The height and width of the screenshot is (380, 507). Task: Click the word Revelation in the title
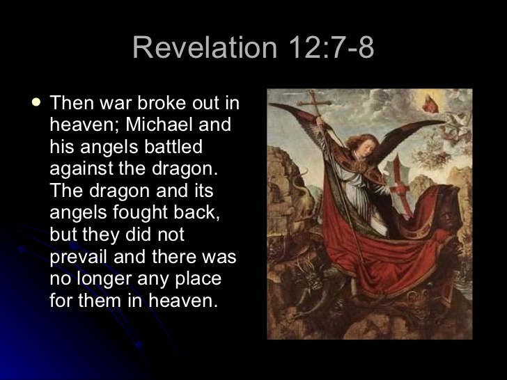[x=205, y=47]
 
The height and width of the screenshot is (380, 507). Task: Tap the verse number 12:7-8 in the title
[x=331, y=47]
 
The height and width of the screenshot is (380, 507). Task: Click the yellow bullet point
[x=36, y=102]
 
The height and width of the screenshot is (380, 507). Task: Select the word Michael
[x=160, y=124]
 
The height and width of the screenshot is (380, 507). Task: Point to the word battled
[x=173, y=146]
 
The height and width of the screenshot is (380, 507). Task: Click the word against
[x=81, y=168]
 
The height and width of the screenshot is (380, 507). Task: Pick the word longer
[x=104, y=278]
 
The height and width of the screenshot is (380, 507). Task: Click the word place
[x=198, y=278]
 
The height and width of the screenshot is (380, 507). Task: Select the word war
[x=116, y=103]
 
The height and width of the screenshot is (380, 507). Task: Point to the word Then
[x=72, y=102]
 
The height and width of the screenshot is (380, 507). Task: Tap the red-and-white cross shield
[x=399, y=184]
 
